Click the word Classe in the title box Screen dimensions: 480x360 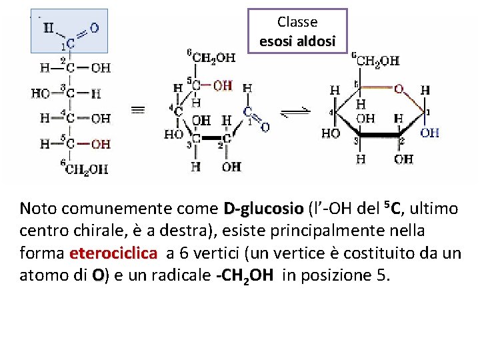pyautogui.click(x=297, y=22)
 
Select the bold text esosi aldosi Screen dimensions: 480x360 pyautogui.click(x=297, y=41)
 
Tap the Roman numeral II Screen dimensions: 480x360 pyautogui.click(x=49, y=27)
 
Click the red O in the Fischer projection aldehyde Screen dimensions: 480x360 pyautogui.click(x=94, y=27)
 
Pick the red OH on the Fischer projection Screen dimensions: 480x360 pyautogui.click(x=101, y=143)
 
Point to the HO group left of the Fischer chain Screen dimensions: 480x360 pyautogui.click(x=41, y=93)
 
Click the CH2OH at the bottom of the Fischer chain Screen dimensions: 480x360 pyautogui.click(x=88, y=169)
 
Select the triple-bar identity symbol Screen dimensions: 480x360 pyautogui.click(x=138, y=109)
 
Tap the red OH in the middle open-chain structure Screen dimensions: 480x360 pyautogui.click(x=222, y=85)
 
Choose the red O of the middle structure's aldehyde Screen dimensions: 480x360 pyautogui.click(x=265, y=127)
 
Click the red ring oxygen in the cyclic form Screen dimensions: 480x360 pyautogui.click(x=398, y=89)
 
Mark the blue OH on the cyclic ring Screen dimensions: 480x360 pyautogui.click(x=430, y=133)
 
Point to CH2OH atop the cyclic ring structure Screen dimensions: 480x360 pyautogui.click(x=377, y=61)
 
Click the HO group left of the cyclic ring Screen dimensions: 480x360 pyautogui.click(x=331, y=133)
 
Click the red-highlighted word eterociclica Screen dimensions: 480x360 pyautogui.click(x=113, y=254)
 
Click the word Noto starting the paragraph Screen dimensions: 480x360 pyautogui.click(x=37, y=209)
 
